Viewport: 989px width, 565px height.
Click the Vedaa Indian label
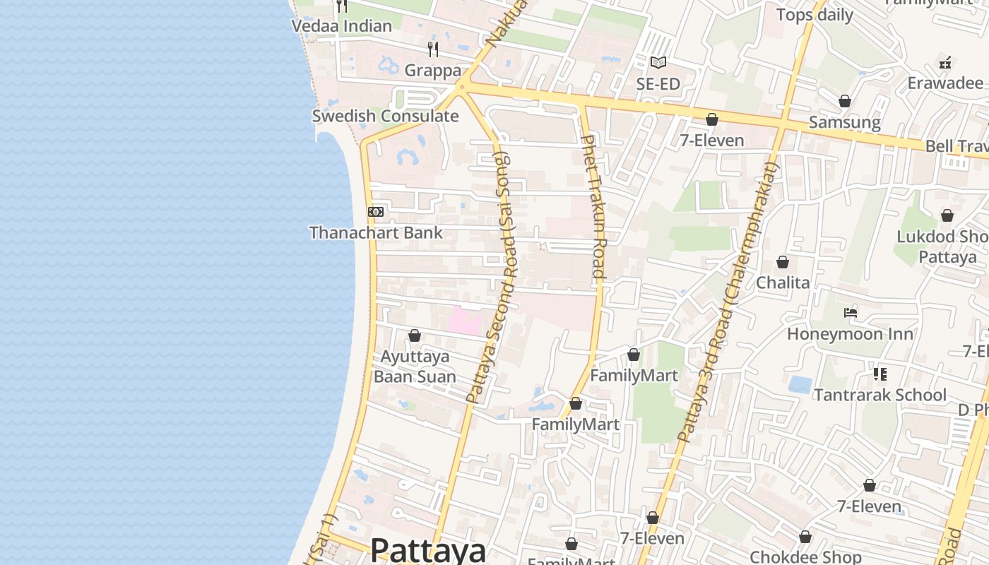point(341,26)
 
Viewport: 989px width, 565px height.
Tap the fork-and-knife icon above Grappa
point(433,49)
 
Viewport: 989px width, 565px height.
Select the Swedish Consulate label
point(385,116)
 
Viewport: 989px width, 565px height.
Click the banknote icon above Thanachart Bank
point(376,212)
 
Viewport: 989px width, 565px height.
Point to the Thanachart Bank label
point(376,232)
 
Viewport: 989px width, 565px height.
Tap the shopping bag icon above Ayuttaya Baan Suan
point(415,335)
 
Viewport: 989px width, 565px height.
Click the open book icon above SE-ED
point(658,63)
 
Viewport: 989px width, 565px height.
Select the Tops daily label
point(815,15)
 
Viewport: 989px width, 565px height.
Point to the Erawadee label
point(944,83)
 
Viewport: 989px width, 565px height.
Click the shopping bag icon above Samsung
point(844,102)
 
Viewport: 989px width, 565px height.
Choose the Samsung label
point(844,122)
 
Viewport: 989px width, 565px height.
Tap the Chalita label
point(783,282)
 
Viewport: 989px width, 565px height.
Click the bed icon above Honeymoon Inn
point(851,313)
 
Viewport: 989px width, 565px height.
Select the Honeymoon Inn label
point(851,333)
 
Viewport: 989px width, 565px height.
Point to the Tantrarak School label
point(880,395)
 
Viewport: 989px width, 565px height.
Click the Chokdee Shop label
point(805,557)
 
